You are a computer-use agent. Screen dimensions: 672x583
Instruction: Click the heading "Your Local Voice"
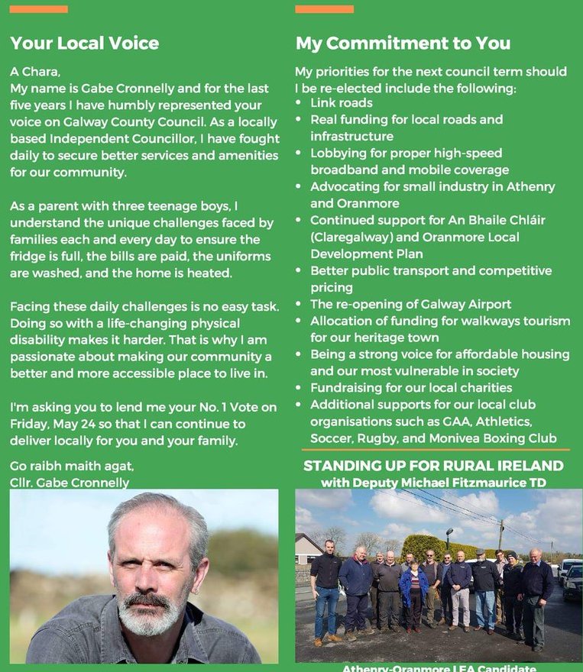84,43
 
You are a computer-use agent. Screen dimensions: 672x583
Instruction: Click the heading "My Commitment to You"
403,43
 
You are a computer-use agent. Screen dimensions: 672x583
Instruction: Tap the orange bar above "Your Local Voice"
39,9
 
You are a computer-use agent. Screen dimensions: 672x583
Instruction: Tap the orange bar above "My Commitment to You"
324,9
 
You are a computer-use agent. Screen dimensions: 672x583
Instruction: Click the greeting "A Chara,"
34,72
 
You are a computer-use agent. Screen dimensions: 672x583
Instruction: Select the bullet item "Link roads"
341,103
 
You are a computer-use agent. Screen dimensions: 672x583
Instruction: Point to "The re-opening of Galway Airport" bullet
410,304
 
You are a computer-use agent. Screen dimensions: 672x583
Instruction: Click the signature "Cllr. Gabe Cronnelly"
70,482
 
